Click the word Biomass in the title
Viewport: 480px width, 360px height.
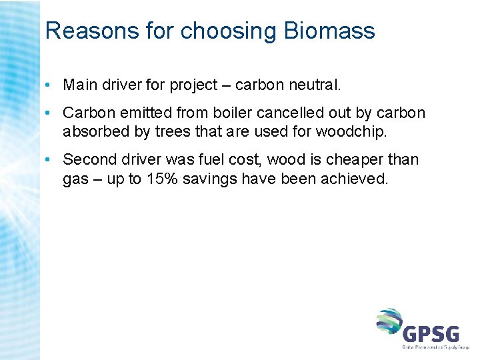point(329,31)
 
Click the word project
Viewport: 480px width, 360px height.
point(193,85)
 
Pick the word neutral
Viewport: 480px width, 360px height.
point(313,85)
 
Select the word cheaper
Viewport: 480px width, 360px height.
point(353,159)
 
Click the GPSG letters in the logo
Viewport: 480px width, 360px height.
point(432,331)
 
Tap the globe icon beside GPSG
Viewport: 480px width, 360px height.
point(389,322)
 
